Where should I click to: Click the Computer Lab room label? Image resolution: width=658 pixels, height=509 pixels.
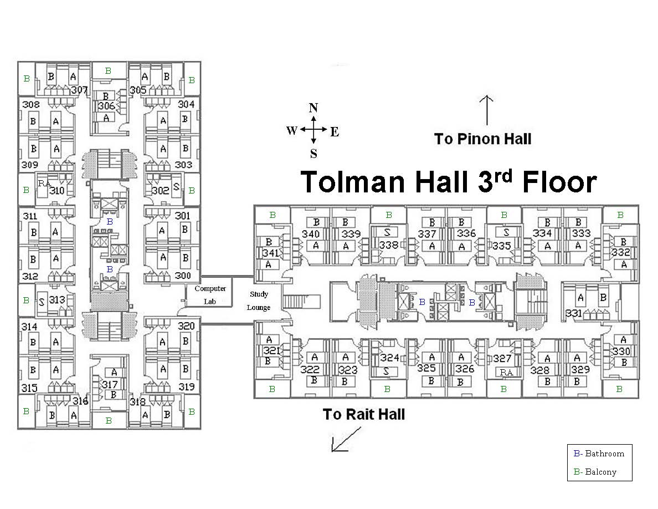click(210, 295)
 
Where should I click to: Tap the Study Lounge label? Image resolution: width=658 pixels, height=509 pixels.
click(258, 301)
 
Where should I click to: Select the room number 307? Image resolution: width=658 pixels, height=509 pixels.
click(79, 90)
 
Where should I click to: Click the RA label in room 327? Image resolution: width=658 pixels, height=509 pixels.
click(506, 373)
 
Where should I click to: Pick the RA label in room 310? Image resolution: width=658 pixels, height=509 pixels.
click(44, 183)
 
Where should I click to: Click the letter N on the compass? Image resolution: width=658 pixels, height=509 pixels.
click(313, 108)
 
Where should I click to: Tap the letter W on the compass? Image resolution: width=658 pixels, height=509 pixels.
click(292, 131)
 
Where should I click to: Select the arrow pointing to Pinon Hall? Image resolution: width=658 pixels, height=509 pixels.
click(486, 110)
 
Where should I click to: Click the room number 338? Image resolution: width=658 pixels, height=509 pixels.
click(389, 244)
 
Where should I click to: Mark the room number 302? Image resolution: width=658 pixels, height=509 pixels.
click(160, 190)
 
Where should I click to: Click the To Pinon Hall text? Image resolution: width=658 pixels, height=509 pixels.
click(482, 139)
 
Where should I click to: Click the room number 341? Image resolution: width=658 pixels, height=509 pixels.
click(270, 253)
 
